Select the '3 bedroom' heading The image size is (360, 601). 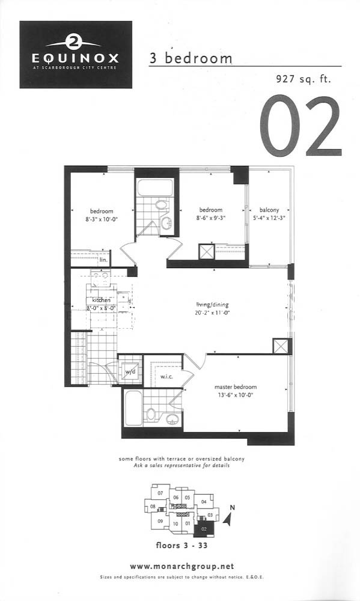(191, 58)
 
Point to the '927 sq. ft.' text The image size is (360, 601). (303, 79)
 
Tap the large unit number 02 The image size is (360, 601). (301, 126)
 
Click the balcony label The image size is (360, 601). (269, 210)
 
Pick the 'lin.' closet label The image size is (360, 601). (103, 260)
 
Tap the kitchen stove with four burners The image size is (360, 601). (101, 278)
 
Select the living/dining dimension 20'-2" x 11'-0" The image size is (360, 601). (212, 313)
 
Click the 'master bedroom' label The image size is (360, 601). (236, 386)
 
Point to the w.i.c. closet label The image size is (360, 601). (166, 376)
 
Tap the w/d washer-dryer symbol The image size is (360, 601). (130, 371)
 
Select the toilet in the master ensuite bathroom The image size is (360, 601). (151, 415)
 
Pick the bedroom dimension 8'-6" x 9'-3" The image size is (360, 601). (210, 218)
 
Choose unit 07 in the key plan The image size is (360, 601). (160, 493)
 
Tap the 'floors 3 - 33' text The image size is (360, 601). (182, 545)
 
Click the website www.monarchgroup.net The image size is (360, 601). (182, 566)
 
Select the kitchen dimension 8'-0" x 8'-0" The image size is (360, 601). (101, 307)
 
